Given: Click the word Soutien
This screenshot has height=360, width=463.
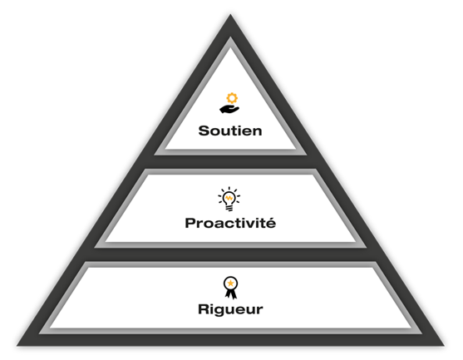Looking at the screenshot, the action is pos(230,131).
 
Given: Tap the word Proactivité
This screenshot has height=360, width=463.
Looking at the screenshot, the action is pos(230,223).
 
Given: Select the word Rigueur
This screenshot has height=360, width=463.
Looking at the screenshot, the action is pos(230,309).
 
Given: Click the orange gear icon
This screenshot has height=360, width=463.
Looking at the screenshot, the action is pos(232,98).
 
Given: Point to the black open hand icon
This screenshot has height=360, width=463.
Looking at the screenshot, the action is pos(229,109).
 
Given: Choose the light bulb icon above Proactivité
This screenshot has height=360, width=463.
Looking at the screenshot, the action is pos(229,199).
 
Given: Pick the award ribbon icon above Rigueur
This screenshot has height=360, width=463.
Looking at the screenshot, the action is pos(230,288).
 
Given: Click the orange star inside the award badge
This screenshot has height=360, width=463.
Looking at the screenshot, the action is pos(230,284).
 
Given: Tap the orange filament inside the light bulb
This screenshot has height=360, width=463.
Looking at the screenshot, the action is pos(229,197).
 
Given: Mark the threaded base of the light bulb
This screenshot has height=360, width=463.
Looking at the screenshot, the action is pos(229,208).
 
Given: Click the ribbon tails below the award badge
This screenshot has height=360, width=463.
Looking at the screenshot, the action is pos(230,294).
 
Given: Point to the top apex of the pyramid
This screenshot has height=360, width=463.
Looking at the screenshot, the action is pos(230,14).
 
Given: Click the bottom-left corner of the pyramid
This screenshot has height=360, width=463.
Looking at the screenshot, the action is pos(17,346).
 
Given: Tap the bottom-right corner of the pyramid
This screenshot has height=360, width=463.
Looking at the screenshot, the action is pos(444,346).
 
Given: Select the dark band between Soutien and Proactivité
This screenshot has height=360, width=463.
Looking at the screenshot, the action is pos(230,162).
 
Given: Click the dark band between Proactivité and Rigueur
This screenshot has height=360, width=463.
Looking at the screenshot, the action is pos(230,254).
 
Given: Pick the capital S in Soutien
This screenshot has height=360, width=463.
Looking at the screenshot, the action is pos(203,131).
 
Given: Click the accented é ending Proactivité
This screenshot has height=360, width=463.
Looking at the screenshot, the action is pos(271,223).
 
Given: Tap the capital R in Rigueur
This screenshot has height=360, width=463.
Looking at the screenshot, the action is pos(203,309).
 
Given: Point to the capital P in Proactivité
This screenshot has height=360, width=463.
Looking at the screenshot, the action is pos(190,224).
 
